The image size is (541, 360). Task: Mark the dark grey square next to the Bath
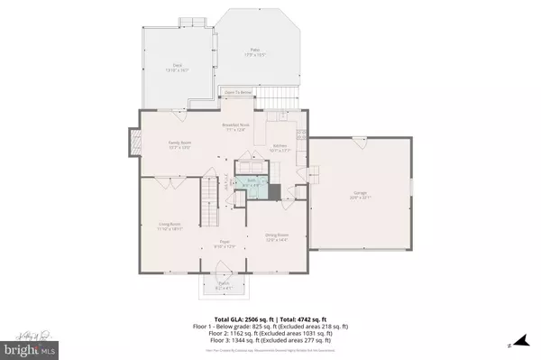point(275,190)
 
